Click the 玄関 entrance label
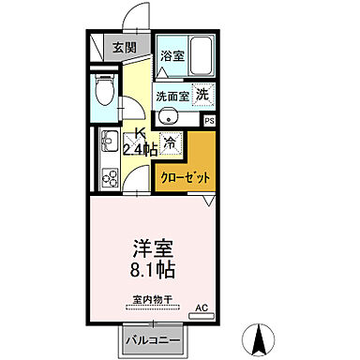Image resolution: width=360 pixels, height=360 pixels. pyautogui.click(x=124, y=48)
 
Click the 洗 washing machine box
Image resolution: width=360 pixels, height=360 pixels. pyautogui.click(x=202, y=94)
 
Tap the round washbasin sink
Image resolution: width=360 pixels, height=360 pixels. pyautogui.click(x=167, y=117)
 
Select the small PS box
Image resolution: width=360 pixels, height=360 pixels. pyautogui.click(x=209, y=121)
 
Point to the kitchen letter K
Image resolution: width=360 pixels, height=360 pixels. pyautogui.click(x=139, y=132)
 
